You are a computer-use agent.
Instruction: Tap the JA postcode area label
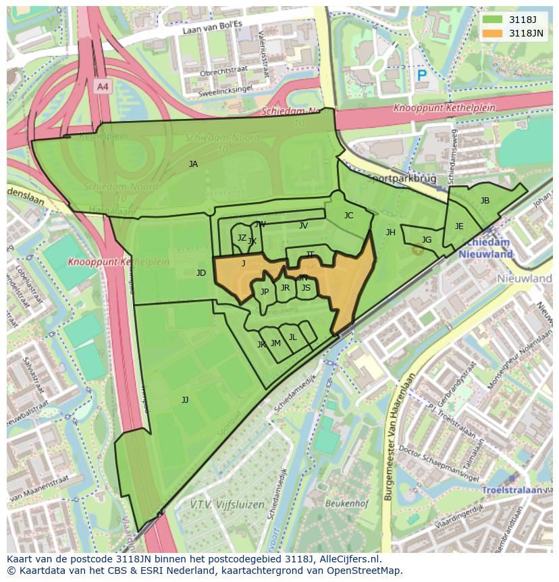[193, 164]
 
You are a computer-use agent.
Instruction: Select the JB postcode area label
[485, 201]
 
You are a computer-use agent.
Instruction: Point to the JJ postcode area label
[185, 400]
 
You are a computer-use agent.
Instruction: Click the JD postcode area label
[201, 273]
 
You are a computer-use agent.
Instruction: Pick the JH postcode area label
[390, 233]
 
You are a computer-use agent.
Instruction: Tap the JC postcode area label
[348, 216]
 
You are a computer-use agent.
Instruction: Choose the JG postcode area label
[426, 240]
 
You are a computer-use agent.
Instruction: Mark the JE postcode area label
[459, 226]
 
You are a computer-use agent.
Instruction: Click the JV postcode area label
[303, 226]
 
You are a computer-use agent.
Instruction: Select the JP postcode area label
[265, 292]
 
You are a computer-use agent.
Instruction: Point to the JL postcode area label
[292, 337]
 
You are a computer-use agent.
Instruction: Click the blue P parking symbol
[422, 76]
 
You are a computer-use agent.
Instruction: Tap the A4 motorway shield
[102, 87]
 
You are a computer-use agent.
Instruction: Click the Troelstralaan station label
[514, 489]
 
